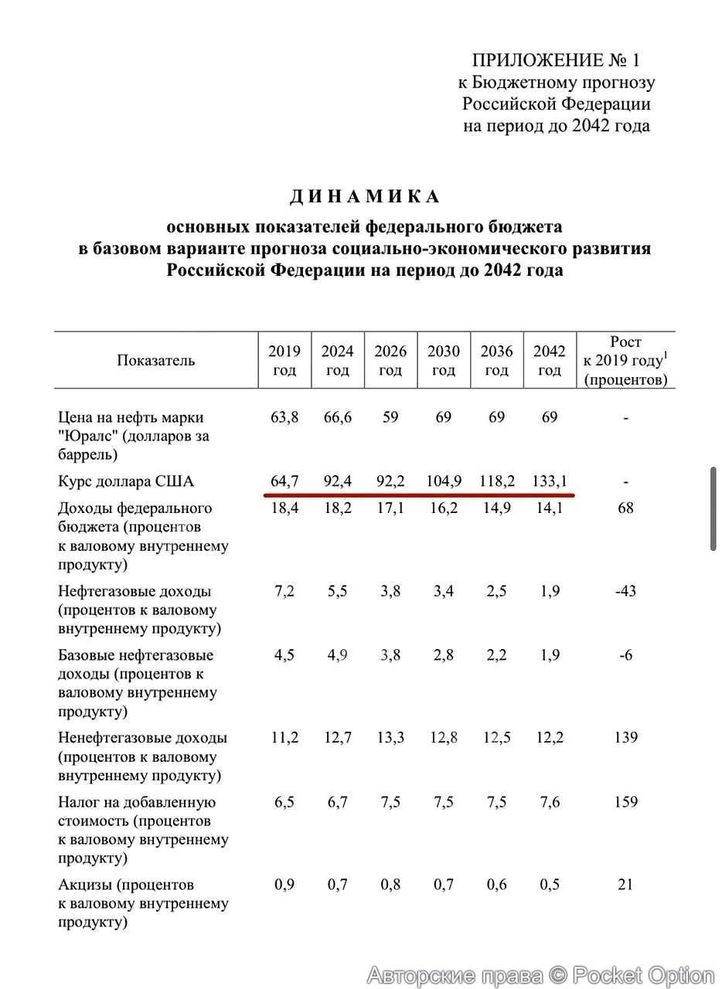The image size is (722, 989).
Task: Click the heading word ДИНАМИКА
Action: click(365, 197)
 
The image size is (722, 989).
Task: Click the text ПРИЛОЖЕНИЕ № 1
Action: click(556, 60)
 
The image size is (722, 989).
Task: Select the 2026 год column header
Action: click(390, 361)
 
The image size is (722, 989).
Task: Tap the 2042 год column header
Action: click(550, 361)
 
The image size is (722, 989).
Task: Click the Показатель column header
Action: click(156, 361)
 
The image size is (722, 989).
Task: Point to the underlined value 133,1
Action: click(550, 481)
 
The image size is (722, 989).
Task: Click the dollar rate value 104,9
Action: click(444, 481)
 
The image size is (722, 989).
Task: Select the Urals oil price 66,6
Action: click(338, 417)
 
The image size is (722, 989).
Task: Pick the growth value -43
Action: click(625, 591)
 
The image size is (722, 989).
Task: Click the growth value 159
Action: click(625, 801)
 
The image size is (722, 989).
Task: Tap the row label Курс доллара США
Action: click(126, 481)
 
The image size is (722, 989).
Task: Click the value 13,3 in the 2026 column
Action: click(390, 737)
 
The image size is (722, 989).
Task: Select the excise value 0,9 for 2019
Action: click(284, 884)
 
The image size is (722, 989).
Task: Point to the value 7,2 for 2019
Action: click(284, 591)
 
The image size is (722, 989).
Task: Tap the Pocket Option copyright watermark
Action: click(540, 975)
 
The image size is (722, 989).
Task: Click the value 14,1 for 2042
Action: click(550, 508)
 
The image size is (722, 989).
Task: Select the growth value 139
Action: click(625, 737)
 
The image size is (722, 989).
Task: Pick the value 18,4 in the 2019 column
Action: click(284, 508)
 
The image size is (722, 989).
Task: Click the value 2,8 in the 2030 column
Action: click(444, 655)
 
